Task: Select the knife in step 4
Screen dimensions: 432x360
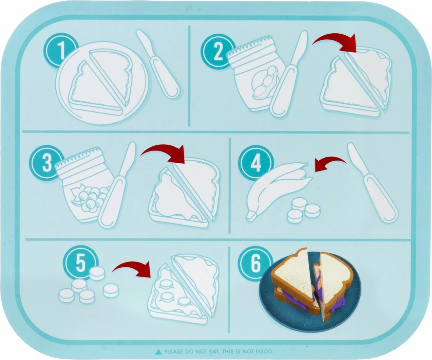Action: point(372,182)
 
